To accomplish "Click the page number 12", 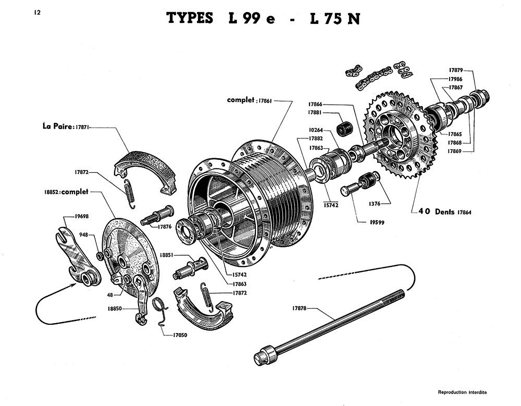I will tap(37, 13).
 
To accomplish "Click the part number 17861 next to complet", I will tap(265, 101).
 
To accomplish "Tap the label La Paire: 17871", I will tap(66, 127).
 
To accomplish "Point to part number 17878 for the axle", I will tap(299, 308).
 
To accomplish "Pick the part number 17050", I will tap(180, 335).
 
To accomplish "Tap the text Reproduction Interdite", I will tap(462, 392).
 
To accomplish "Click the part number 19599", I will tap(377, 222).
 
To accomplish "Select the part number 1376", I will tap(374, 204).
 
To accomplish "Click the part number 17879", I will tap(456, 70).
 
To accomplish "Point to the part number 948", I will tap(84, 234).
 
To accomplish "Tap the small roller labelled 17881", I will tap(345, 128).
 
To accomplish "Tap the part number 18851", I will tap(167, 256).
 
